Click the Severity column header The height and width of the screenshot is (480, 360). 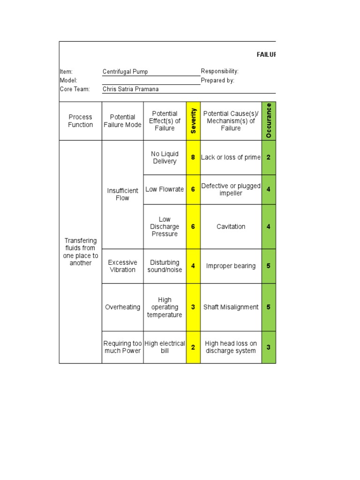193,121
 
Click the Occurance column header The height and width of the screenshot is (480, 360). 269,121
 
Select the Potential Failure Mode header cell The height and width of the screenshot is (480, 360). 122,121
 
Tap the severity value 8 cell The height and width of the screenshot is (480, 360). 193,157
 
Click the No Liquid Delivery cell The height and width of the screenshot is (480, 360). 165,157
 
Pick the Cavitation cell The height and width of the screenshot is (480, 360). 231,226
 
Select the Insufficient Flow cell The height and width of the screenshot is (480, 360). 122,194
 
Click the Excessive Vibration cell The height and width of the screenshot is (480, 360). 122,266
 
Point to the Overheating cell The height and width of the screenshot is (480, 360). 122,307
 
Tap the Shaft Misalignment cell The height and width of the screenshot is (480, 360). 231,307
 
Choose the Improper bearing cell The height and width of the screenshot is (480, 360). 231,266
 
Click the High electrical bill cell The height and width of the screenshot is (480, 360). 165,347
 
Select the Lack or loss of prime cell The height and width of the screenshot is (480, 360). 231,157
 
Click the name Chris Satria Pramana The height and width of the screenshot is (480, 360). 131,89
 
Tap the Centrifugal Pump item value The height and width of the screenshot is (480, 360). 125,72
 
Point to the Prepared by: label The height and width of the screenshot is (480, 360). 217,80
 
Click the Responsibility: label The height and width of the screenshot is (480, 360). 220,71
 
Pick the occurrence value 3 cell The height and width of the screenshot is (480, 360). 269,347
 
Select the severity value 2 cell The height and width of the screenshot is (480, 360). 193,347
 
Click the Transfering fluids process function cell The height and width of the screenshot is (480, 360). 81,252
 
